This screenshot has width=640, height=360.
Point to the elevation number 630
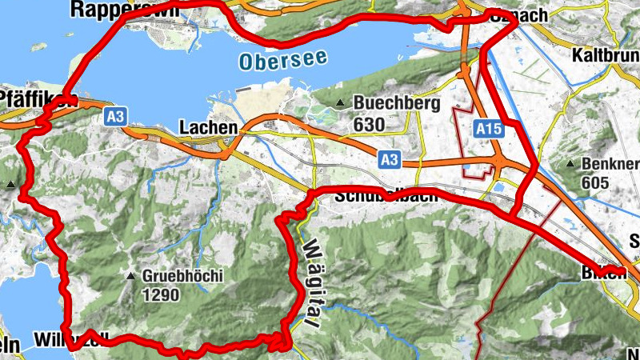click(x=369, y=125)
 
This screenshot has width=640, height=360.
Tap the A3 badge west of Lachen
click(x=116, y=117)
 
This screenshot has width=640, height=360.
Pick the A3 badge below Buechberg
click(x=390, y=160)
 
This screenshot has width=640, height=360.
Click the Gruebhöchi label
click(x=182, y=276)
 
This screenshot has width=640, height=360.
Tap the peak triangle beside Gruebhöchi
click(x=130, y=277)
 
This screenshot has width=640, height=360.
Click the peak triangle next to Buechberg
click(x=340, y=103)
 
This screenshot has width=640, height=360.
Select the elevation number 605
click(x=596, y=183)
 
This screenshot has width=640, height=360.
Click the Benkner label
click(x=610, y=163)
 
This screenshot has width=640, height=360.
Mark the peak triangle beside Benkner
click(x=570, y=164)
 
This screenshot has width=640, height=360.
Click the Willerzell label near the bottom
click(x=69, y=339)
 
